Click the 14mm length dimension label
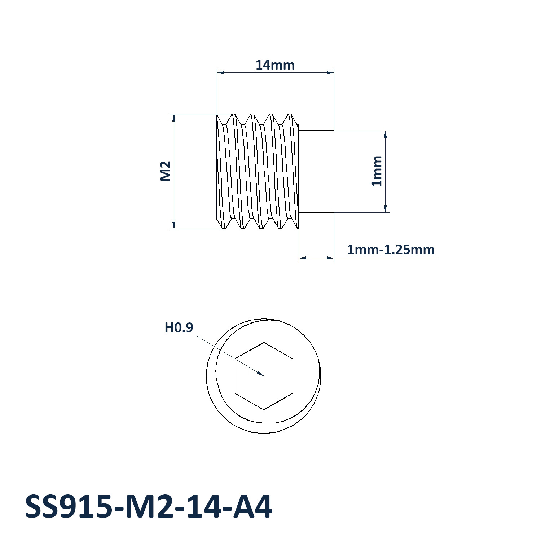pos(275,65)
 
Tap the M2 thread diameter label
pos(166,171)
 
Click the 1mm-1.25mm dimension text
pos(391,250)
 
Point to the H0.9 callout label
pos(179,327)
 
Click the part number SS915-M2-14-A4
pos(148,507)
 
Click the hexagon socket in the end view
pos(264,376)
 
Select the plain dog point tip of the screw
pos(317,172)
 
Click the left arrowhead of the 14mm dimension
pos(220,72)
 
